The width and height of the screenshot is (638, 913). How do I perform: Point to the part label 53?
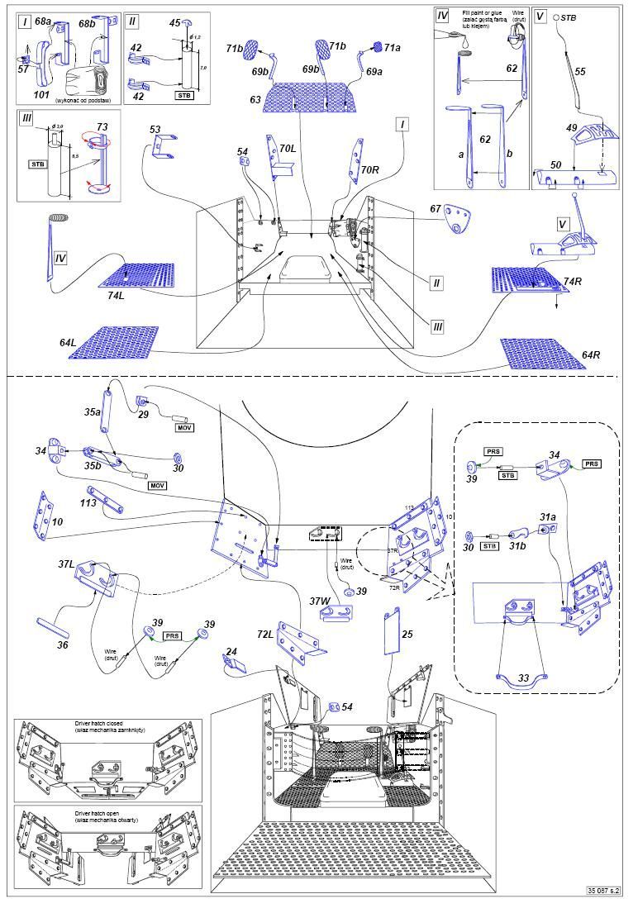coord(155,129)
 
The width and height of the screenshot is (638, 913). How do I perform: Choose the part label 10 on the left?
coord(57,522)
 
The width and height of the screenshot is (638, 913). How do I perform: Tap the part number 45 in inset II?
coord(175,23)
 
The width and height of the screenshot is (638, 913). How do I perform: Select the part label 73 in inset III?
coord(102,126)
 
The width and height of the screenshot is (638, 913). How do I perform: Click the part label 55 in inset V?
coord(579,73)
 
